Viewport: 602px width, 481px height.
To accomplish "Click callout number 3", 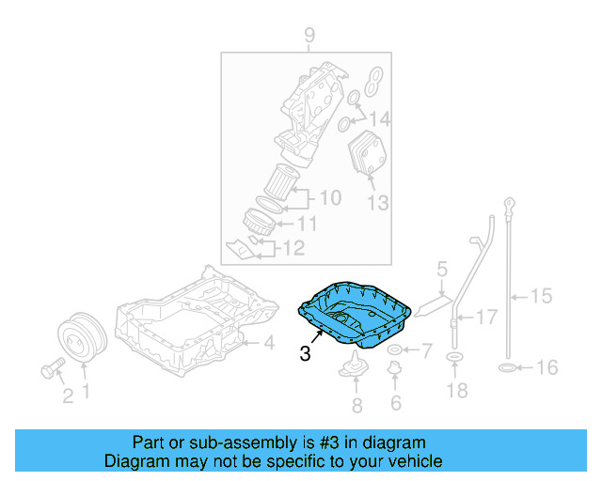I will coord(304,354).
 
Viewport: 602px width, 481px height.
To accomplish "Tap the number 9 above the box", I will coord(308,37).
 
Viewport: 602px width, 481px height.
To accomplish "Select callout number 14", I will coord(378,119).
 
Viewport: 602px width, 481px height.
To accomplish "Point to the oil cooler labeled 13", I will coord(368,154).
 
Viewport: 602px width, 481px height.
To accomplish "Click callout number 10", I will coord(329,198).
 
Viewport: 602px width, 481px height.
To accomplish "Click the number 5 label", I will coord(442,272).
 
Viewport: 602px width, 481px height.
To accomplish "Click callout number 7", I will coord(425,351).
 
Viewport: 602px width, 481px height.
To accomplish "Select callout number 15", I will coord(541,297).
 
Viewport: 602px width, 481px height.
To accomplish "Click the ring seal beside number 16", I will coord(504,367).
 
